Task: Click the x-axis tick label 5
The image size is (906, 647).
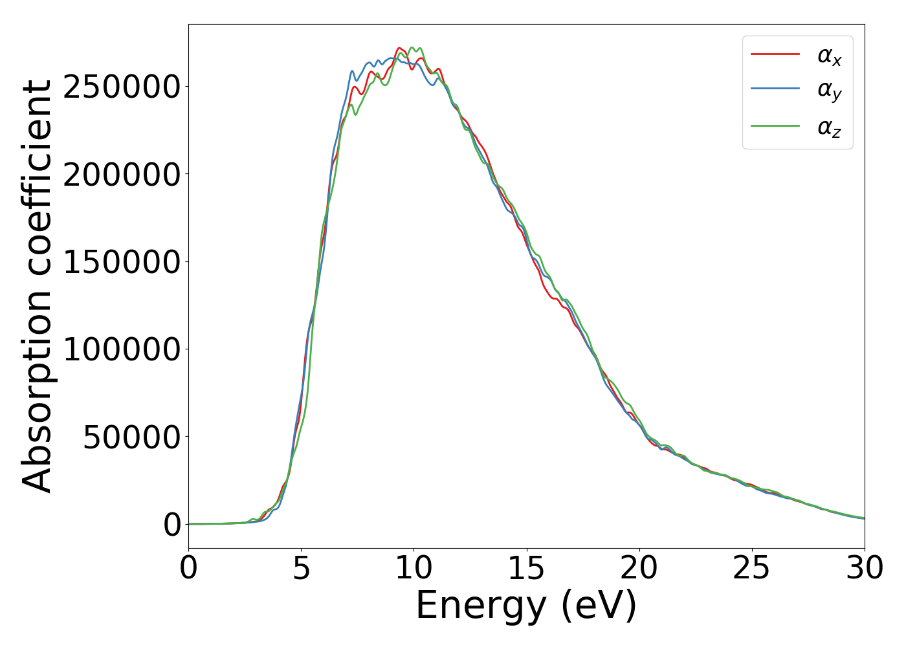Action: (302, 569)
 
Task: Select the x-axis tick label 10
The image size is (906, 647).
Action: (414, 569)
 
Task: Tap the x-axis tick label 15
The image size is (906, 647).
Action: (526, 569)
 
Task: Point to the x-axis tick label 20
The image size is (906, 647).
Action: (639, 569)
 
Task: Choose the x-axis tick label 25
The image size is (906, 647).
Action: (751, 569)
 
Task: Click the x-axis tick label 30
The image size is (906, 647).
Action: (864, 569)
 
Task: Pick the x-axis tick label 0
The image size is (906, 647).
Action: (188, 569)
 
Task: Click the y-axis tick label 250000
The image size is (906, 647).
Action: (121, 87)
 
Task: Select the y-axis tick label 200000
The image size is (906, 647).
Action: (121, 175)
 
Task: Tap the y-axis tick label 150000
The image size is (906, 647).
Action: (121, 262)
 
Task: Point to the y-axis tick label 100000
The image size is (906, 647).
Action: (121, 350)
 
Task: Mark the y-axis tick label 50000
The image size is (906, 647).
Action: (131, 437)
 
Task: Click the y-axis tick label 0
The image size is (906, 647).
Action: (172, 525)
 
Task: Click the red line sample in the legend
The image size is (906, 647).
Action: (775, 54)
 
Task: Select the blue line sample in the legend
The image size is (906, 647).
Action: (775, 89)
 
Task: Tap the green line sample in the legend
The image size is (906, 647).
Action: (775, 126)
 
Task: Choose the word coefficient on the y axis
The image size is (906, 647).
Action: (38, 178)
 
